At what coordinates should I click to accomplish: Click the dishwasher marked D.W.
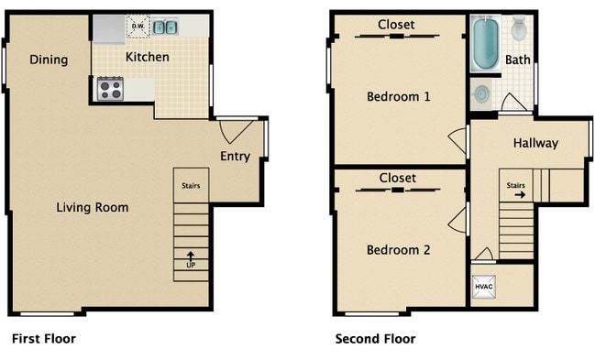138,27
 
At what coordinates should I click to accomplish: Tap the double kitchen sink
165,27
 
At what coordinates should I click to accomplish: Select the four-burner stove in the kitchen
110,89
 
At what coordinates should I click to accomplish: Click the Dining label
49,60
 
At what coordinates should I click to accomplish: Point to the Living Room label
93,208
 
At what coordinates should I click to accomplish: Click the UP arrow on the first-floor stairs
191,256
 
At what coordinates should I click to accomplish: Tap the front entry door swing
236,130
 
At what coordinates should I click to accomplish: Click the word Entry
236,156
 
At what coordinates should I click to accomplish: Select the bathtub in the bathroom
485,44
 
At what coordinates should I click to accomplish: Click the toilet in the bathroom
519,28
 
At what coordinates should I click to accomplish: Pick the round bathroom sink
481,93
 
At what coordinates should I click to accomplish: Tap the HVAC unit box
484,287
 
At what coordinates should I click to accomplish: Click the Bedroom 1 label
399,97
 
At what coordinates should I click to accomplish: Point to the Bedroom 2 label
399,250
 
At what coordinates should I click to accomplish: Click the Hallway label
535,143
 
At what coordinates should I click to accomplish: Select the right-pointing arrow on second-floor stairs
520,195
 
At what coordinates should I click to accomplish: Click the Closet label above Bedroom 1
396,25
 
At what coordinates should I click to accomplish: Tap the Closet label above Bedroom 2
397,178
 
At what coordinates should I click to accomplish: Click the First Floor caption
44,338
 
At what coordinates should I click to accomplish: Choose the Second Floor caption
375,338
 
